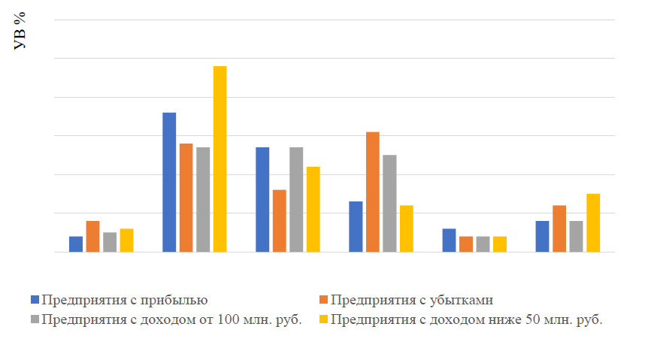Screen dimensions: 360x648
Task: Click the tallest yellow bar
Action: tap(220, 159)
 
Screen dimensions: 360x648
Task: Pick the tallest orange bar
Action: tap(373, 192)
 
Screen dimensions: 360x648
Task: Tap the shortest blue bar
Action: tap(76, 244)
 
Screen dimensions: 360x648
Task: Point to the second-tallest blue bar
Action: tap(262, 199)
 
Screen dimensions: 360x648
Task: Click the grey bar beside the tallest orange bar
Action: tap(389, 203)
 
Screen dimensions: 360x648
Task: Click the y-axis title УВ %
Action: tap(20, 31)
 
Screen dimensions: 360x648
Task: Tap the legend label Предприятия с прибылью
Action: tap(125, 300)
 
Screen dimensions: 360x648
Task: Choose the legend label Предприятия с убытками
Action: tap(411, 300)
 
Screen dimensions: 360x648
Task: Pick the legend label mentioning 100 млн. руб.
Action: tap(172, 319)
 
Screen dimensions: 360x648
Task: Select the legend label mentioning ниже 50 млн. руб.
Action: tap(467, 319)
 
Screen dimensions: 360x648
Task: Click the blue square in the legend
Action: tap(35, 301)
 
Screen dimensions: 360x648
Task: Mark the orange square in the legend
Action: tap(323, 301)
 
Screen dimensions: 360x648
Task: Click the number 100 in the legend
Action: tap(229, 319)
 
